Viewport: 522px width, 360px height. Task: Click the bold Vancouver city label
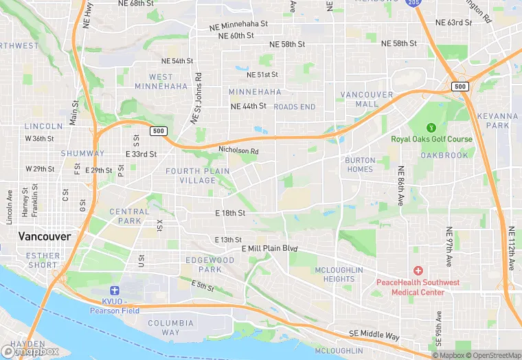coord(44,236)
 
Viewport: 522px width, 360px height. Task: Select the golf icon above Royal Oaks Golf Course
coord(431,127)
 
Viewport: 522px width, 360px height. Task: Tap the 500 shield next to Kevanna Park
coord(459,87)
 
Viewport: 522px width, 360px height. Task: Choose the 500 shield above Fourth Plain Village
coord(159,131)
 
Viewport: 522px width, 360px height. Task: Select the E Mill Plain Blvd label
coord(269,248)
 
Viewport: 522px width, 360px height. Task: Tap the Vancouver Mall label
coord(367,99)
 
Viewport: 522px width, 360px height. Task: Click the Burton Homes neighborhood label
coord(359,164)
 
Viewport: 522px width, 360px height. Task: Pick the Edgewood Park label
coord(209,265)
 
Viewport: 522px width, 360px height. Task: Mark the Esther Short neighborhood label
coord(43,260)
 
